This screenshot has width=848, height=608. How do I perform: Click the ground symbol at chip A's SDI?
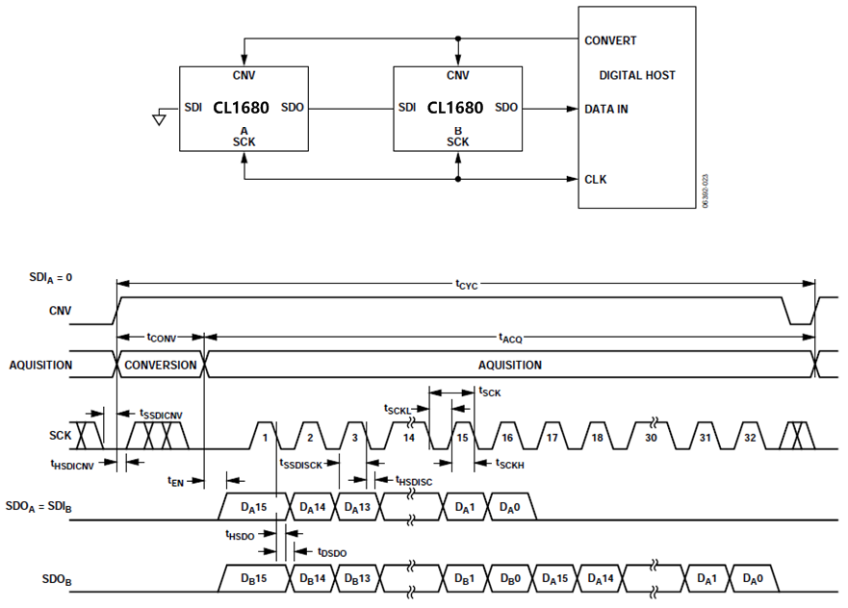click(x=159, y=118)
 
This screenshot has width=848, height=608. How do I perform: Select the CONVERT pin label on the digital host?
click(x=610, y=40)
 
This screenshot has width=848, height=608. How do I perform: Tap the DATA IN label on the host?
click(x=606, y=109)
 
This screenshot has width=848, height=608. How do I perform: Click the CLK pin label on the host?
click(x=596, y=179)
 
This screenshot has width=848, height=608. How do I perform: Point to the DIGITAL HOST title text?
click(x=637, y=75)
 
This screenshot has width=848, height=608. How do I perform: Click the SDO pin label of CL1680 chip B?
click(x=506, y=108)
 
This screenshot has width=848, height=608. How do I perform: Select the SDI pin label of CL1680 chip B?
click(x=407, y=108)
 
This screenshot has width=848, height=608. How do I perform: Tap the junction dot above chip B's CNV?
click(x=458, y=39)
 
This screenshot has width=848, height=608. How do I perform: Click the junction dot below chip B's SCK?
click(x=458, y=179)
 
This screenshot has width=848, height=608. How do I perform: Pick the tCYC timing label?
click(x=468, y=284)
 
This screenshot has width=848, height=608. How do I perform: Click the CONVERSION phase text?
click(x=161, y=366)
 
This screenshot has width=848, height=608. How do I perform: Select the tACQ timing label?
click(x=510, y=338)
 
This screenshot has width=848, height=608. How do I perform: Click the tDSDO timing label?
click(x=332, y=552)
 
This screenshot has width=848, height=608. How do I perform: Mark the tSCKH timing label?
click(x=509, y=465)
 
